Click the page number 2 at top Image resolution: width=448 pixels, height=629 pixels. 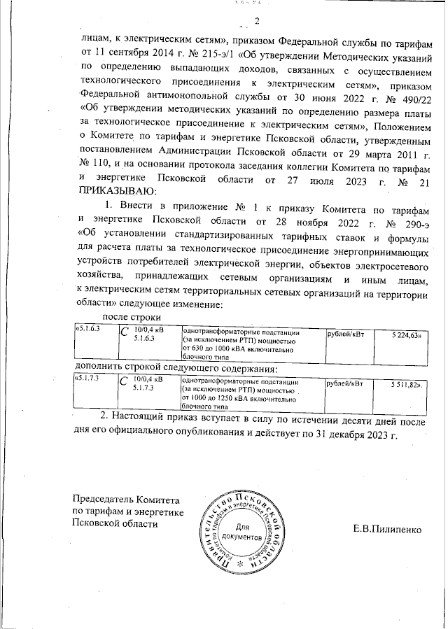257,20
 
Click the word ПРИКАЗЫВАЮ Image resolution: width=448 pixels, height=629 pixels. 120,191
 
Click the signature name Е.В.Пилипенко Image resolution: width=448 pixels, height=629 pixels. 387,530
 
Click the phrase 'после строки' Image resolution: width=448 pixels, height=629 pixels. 118,318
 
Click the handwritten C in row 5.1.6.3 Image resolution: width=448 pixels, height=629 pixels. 124,334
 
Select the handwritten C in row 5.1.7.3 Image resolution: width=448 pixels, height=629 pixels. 124,383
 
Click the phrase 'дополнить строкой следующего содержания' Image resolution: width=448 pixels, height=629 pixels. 176,368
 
